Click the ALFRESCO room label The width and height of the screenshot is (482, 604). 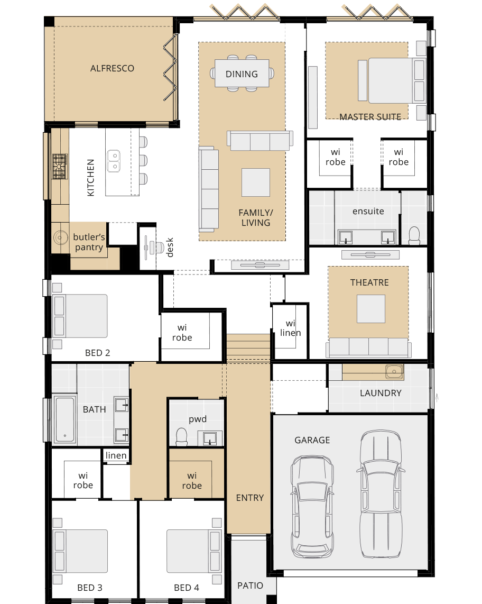[112, 69]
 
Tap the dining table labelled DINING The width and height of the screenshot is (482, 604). [242, 73]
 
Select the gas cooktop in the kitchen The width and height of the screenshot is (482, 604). [60, 167]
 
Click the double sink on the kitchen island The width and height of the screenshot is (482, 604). [114, 161]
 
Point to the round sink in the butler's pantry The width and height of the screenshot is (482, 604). [60, 237]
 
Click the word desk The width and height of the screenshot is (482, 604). [170, 248]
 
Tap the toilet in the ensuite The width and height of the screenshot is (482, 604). [414, 236]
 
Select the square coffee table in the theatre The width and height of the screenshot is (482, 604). [370, 308]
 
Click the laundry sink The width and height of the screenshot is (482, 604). [394, 372]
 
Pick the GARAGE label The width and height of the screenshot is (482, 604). [312, 440]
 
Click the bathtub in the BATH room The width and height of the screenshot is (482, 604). [65, 419]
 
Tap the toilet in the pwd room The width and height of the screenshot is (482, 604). [181, 437]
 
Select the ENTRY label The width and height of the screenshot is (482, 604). [250, 498]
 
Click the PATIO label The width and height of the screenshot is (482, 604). [250, 586]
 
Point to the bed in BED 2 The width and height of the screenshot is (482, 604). [80, 316]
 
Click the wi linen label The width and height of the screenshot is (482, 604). [291, 328]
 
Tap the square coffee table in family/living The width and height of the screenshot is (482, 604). [256, 182]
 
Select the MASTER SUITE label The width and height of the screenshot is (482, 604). [370, 117]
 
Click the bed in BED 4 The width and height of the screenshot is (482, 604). [194, 551]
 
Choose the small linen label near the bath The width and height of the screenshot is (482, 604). [116, 456]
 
